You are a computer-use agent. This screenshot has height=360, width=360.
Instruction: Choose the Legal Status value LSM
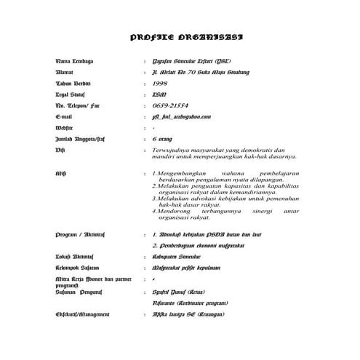pos(159,95)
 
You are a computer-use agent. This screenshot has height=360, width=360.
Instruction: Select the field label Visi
pos(60,150)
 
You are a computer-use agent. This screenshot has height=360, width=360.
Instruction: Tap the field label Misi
pos(61,174)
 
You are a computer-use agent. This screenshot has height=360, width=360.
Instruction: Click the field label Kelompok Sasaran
pos(79,268)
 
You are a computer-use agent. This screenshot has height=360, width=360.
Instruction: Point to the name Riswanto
pos(166,303)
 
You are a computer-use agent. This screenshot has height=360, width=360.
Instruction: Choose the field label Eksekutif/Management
pos(82,314)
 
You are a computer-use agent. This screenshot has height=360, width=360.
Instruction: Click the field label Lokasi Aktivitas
pos(76,257)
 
